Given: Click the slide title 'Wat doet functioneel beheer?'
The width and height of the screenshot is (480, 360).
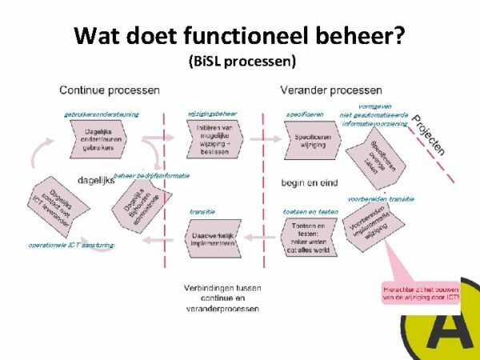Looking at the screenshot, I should [238, 36].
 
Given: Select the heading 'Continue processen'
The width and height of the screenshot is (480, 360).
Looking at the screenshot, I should [110, 90].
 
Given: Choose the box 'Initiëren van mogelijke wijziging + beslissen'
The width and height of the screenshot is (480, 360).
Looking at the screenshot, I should [212, 138].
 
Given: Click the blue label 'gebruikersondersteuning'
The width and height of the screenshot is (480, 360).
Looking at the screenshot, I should [101, 114].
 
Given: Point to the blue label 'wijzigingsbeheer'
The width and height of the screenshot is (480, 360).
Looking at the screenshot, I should [212, 113].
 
